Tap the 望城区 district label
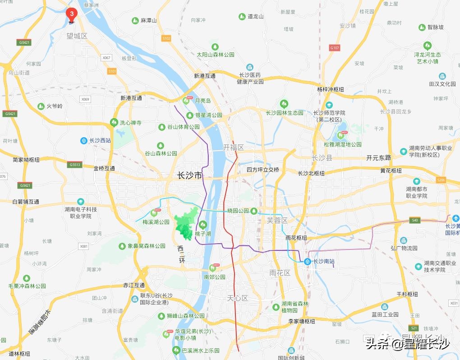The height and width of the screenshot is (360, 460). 77,36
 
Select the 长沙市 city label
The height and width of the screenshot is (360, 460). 190,175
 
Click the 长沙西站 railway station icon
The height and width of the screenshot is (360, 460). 84,140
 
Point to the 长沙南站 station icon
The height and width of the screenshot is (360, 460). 307,261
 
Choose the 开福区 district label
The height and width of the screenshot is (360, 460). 233,148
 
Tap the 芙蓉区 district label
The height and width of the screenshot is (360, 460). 277,220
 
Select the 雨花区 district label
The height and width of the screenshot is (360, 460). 280,273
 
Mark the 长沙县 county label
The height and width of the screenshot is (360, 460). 322,157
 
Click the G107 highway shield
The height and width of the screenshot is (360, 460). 334,48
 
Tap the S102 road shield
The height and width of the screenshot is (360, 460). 166,39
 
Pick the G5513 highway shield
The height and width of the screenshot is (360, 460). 75,165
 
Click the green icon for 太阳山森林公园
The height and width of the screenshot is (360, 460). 215,46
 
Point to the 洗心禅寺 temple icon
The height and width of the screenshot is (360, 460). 114,122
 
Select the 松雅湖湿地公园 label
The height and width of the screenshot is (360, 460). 342,144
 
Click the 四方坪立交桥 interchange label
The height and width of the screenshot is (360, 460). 262,170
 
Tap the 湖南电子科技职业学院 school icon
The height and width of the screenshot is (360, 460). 80,201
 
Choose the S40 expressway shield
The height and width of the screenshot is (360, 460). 414,220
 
